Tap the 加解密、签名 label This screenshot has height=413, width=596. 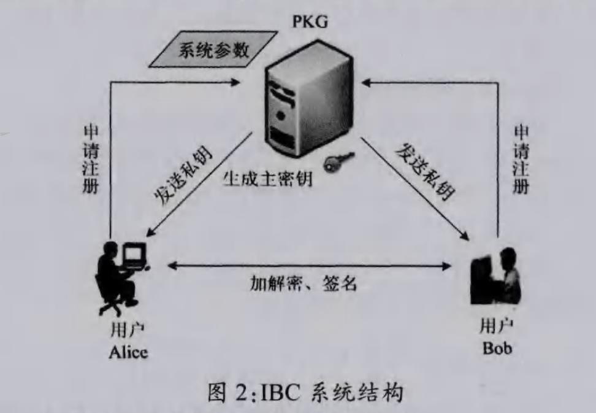point(303,284)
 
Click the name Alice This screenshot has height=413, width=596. point(128,352)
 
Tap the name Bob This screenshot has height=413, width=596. point(497,348)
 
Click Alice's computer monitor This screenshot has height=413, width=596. point(134,253)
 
